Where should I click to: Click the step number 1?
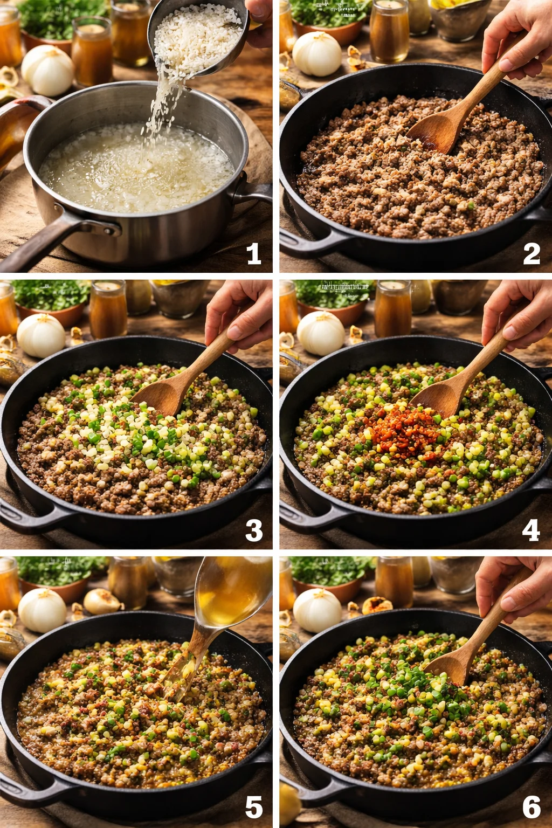pyautogui.click(x=253, y=253)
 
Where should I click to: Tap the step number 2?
pyautogui.click(x=531, y=253)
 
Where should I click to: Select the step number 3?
pyautogui.click(x=253, y=530)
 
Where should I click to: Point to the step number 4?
pyautogui.click(x=531, y=530)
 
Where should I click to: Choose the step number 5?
pyautogui.click(x=253, y=807)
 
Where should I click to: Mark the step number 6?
pyautogui.click(x=531, y=807)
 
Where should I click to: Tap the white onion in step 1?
pyautogui.click(x=47, y=70)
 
